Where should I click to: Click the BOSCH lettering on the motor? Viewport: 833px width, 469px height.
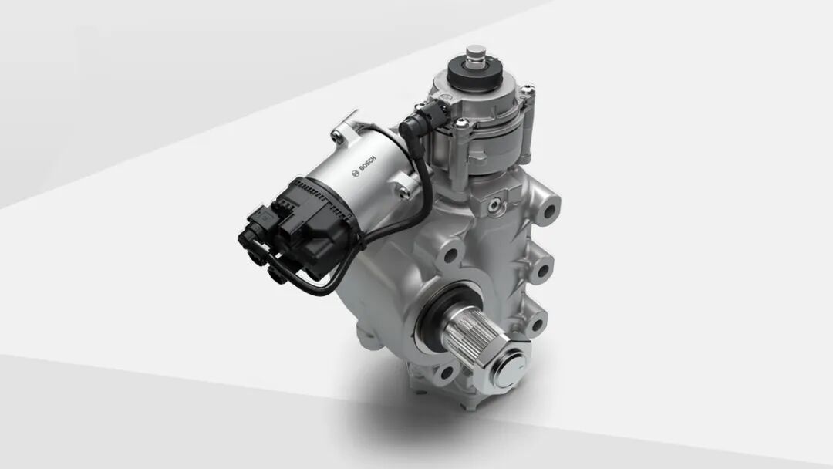pyautogui.click(x=368, y=164)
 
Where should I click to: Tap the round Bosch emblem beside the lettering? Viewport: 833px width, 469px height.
pyautogui.click(x=356, y=173)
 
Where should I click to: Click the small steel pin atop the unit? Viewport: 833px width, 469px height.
pyautogui.click(x=475, y=54)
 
